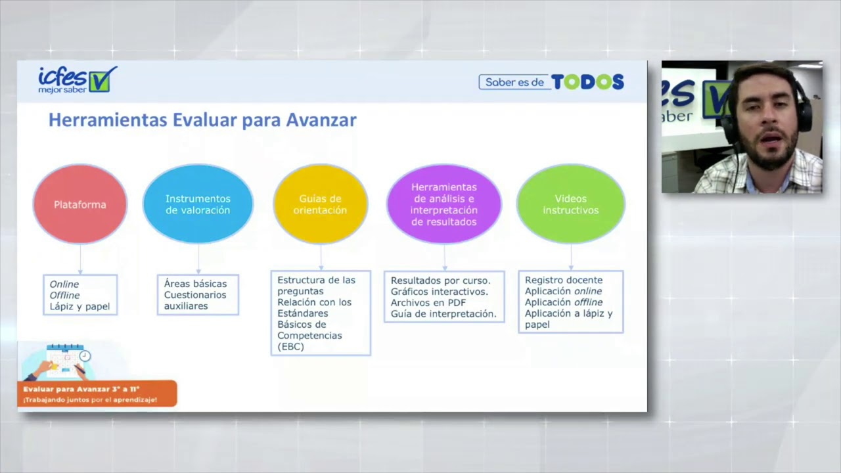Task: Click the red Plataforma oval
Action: point(80,204)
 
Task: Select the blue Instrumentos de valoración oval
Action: point(198,204)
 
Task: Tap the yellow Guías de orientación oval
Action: point(320,204)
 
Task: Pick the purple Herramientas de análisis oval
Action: point(443,204)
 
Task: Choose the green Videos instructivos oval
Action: point(570,204)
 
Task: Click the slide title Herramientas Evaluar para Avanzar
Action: point(202,120)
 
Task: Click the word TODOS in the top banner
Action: point(587,82)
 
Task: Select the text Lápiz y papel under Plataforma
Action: point(80,306)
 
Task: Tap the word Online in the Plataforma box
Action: point(64,284)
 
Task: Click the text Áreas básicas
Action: point(195,284)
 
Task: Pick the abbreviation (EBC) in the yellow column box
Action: point(290,346)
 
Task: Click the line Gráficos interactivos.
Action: point(439,292)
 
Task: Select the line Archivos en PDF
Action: point(428,303)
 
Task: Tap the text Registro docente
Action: point(563,280)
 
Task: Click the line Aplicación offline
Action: point(563,302)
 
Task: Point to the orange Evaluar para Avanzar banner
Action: point(97,394)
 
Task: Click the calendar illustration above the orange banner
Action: point(66,361)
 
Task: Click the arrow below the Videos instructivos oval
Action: point(570,258)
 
